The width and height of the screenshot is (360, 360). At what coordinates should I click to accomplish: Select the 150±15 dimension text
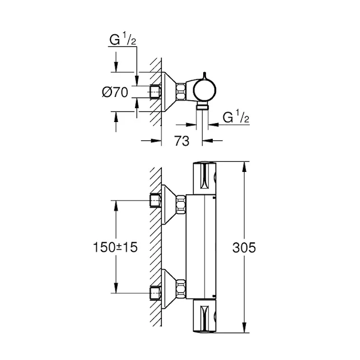pos(115,246)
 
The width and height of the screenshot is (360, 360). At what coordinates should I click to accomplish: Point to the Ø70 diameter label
pos(116,91)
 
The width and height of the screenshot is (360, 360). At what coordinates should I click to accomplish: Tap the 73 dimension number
pos(181,141)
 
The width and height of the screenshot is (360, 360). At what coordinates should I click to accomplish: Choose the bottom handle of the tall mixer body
pos(205,316)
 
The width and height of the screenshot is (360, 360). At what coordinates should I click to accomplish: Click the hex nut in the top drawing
pos(181,90)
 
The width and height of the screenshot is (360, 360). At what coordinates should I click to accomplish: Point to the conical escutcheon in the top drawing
pos(169,90)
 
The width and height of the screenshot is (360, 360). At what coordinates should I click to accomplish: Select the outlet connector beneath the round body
pos(202,104)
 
